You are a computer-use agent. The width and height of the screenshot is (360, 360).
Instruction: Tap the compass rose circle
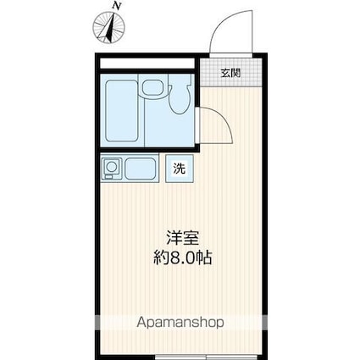coord(109,29)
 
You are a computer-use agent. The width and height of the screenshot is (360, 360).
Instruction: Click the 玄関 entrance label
coord(230,73)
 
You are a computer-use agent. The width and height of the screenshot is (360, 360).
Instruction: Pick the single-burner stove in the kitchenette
coord(112,169)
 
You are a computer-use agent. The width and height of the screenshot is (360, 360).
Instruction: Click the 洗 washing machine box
coord(180,168)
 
